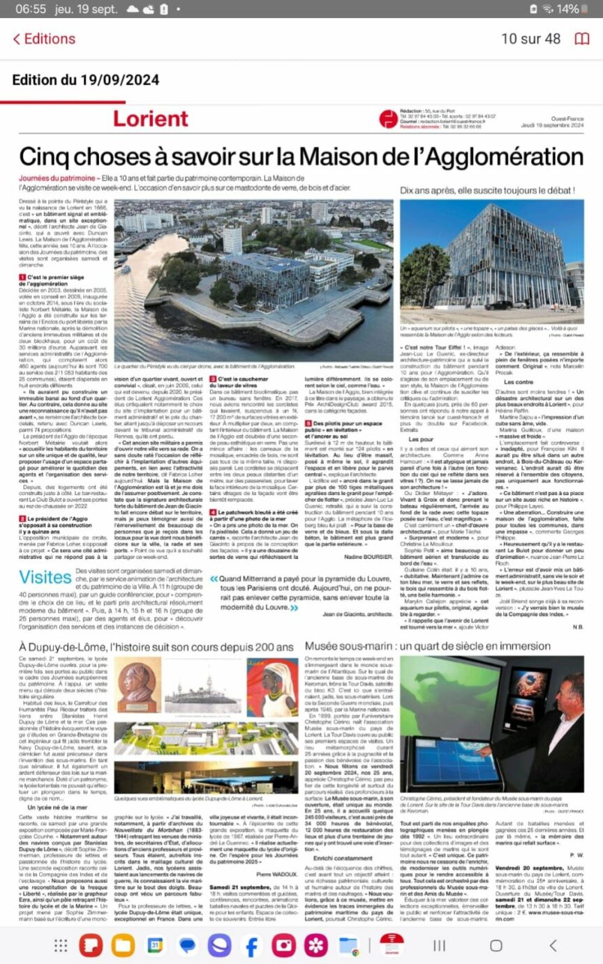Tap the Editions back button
(x=43, y=39)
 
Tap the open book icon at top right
(x=581, y=39)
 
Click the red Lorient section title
(x=151, y=118)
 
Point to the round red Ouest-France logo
(x=388, y=118)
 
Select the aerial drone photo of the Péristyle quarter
(x=253, y=280)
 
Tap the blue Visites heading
(x=45, y=578)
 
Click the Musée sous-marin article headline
(x=428, y=646)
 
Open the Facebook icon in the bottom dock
(x=251, y=945)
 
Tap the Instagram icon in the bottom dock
(x=284, y=945)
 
